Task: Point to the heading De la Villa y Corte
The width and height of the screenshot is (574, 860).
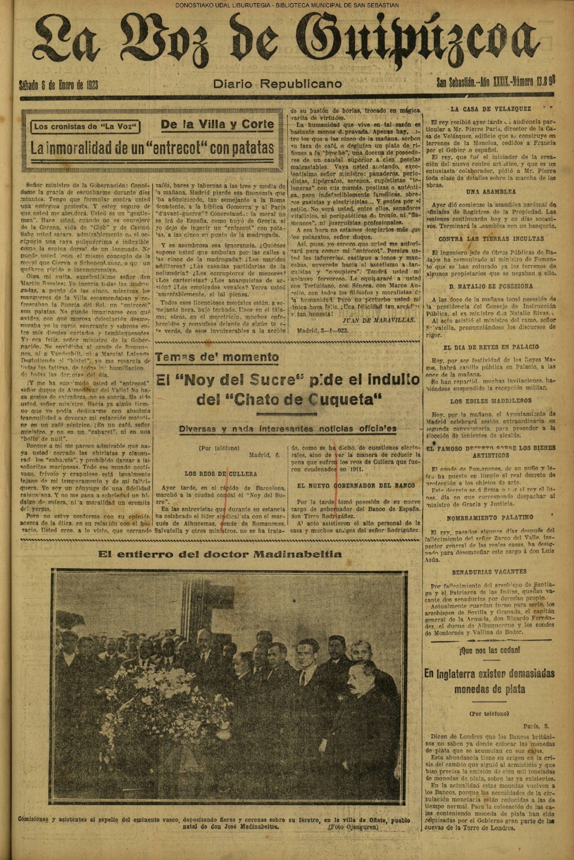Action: [218, 124]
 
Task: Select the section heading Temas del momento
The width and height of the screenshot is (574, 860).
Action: [217, 357]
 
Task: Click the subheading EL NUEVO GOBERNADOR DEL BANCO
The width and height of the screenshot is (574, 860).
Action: [356, 485]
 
